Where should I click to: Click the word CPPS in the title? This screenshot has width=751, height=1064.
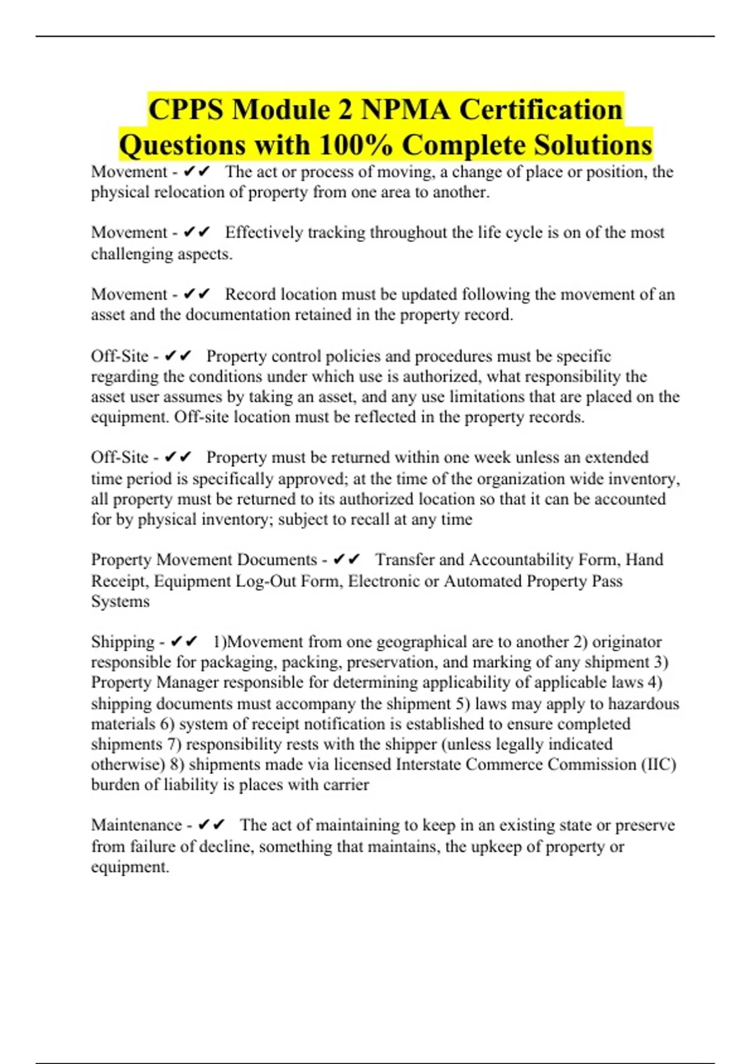coord(186,110)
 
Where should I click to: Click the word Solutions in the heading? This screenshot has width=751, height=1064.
coord(589,145)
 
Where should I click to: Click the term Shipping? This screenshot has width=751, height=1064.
coord(123,642)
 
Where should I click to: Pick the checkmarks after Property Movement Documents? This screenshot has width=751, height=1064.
coord(347,560)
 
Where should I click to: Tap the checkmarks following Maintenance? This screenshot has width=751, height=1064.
coord(211,826)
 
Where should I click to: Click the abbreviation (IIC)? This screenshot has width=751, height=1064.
coord(659,765)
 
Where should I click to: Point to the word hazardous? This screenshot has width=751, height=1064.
coord(643,703)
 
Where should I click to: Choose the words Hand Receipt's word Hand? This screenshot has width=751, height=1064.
coord(645,560)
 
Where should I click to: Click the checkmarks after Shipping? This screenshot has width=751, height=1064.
coord(184,642)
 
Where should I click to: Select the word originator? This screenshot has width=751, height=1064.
coord(626,642)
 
